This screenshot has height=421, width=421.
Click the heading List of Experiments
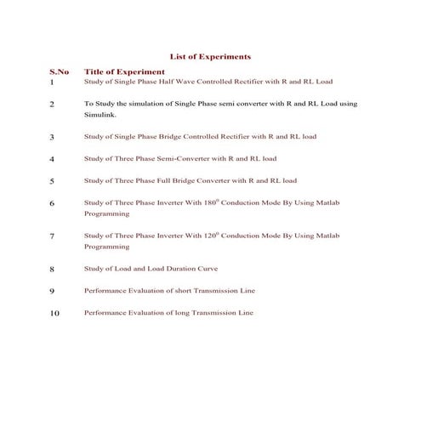click(210, 56)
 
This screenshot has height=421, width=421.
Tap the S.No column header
click(60, 72)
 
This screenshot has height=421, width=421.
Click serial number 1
click(52, 82)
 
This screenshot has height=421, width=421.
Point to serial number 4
click(52, 159)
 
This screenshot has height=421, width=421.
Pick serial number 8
click(52, 269)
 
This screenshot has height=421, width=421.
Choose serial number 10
click(54, 313)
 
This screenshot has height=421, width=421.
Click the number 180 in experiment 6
click(213, 202)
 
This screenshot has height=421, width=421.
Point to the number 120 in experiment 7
click(213, 235)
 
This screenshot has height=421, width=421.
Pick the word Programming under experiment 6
click(106, 214)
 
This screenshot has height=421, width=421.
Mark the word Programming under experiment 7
click(106, 247)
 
